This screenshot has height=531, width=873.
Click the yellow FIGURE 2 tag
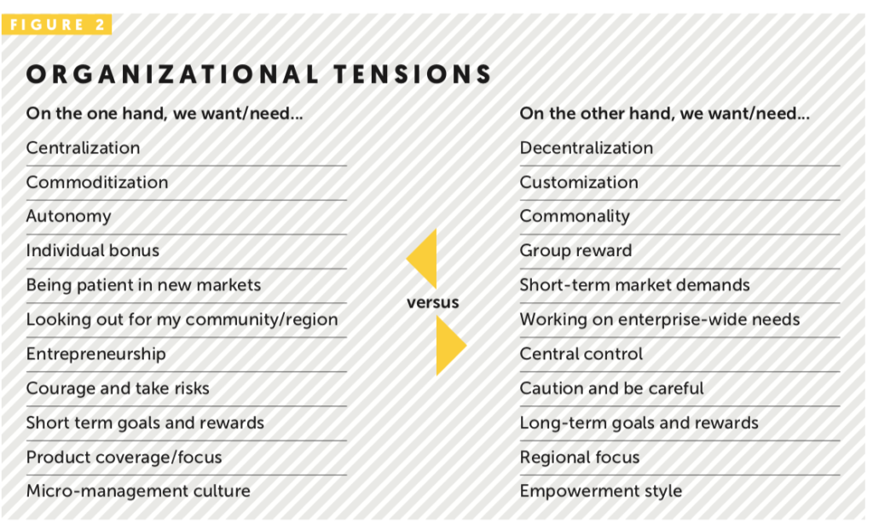click(57, 25)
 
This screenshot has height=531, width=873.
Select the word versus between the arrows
click(433, 302)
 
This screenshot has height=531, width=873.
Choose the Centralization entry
click(83, 148)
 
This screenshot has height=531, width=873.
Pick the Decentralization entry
click(587, 148)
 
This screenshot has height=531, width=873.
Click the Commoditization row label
click(97, 182)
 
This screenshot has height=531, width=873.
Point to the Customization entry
click(579, 182)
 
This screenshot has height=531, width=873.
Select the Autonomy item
click(68, 217)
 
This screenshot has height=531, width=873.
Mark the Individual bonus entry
click(92, 251)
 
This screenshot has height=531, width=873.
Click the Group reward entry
click(575, 251)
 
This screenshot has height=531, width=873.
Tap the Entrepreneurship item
click(95, 354)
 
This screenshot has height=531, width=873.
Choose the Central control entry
click(581, 354)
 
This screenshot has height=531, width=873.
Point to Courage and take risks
click(118, 388)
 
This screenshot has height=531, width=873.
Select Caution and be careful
click(611, 388)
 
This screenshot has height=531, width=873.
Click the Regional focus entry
click(580, 458)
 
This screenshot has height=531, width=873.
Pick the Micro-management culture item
click(138, 492)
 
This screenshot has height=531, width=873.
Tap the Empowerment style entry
click(601, 492)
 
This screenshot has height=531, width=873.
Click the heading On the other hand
click(665, 114)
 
